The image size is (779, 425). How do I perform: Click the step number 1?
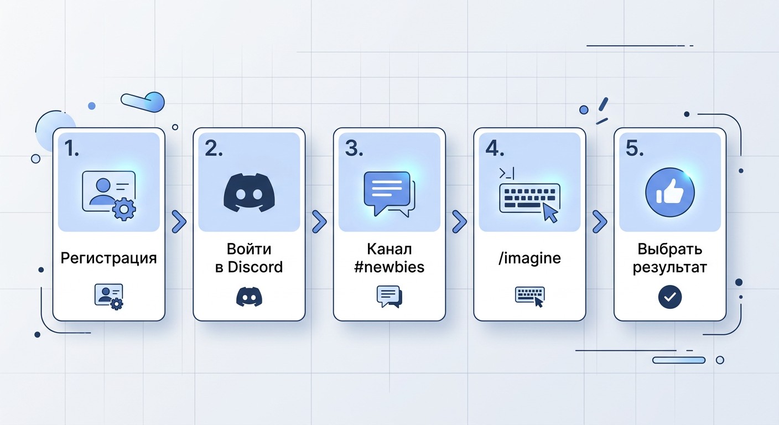pos(71,148)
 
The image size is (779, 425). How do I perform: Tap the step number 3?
pos(354,148)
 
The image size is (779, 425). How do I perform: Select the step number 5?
pos(635,148)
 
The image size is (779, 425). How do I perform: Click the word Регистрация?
pos(108,258)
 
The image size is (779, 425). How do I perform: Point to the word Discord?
pos(255,267)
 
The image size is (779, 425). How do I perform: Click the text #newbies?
pos(389,267)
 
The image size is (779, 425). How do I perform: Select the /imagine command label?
pos(529,258)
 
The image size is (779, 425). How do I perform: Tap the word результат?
pos(670,268)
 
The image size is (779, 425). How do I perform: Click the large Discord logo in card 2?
pos(249,193)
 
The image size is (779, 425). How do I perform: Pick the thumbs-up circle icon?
pos(670,193)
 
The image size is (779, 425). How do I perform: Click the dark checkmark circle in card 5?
pos(670,297)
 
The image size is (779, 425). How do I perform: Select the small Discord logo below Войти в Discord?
pos(249,297)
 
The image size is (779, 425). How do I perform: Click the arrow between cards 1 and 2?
pos(179,221)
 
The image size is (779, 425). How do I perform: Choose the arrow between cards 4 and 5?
pos(600,221)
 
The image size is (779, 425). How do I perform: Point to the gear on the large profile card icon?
pos(124,208)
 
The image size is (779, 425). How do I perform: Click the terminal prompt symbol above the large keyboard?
pos(507,173)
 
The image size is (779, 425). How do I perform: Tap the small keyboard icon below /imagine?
pos(529,297)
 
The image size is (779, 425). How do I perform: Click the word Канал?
pos(389,249)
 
